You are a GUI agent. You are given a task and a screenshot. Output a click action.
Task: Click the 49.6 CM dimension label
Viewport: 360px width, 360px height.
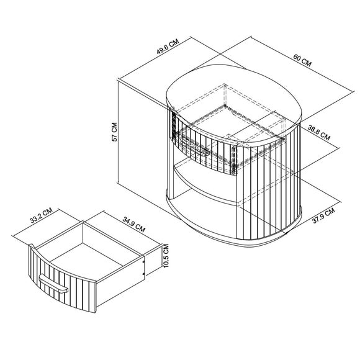pyautogui.click(x=168, y=47)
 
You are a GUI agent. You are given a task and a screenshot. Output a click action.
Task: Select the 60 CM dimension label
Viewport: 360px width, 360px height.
pyautogui.click(x=302, y=60)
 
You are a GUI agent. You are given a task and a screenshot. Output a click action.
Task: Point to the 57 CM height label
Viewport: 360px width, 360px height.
pyautogui.click(x=114, y=132)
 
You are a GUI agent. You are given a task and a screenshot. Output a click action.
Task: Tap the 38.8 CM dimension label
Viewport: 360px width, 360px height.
pyautogui.click(x=319, y=133)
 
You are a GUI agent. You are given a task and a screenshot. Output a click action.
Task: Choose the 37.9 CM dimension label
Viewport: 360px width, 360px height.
pyautogui.click(x=323, y=215)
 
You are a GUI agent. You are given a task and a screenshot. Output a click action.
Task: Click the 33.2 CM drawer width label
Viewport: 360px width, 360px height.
pyautogui.click(x=42, y=215)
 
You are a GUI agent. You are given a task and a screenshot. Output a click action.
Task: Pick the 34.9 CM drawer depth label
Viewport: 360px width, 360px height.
pyautogui.click(x=134, y=224)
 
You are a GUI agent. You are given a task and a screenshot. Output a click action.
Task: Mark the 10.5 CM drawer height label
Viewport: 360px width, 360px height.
pyautogui.click(x=166, y=256)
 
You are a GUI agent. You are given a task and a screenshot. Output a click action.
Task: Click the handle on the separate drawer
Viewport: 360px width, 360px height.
pyautogui.click(x=53, y=284)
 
